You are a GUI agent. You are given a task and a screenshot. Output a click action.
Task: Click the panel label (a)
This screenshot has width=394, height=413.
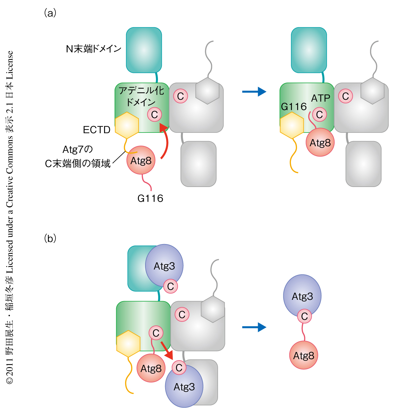(x=50, y=13)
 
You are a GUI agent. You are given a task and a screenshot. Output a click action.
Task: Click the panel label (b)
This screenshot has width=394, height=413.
(x=50, y=238)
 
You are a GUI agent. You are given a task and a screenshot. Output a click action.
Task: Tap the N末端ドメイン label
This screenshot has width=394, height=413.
(x=94, y=49)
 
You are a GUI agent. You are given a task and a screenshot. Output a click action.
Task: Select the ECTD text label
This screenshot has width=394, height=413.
(x=97, y=130)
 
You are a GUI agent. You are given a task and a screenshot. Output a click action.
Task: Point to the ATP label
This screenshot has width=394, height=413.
(x=320, y=98)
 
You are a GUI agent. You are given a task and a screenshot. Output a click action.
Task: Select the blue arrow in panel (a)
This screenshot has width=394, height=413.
(x=254, y=92)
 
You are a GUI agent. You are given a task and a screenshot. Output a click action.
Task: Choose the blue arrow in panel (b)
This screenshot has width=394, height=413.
(x=254, y=327)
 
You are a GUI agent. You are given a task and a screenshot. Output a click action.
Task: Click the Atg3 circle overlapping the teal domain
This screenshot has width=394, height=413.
(x=164, y=265)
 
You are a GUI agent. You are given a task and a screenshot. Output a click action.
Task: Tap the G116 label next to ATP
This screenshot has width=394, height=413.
(x=294, y=107)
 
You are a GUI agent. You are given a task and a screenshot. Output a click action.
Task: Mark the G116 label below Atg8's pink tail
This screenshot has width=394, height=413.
(x=150, y=198)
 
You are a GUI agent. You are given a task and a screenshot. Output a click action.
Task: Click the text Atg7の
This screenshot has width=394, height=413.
(x=78, y=150)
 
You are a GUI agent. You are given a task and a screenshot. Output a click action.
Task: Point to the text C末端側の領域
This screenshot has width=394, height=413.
(x=78, y=163)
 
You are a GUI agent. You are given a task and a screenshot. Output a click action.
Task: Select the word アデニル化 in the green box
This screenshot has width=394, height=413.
(x=141, y=91)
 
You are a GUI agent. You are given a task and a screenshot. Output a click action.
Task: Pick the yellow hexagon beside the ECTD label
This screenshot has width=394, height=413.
(x=127, y=125)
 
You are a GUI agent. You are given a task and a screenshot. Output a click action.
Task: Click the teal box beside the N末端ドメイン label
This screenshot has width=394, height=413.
(x=144, y=50)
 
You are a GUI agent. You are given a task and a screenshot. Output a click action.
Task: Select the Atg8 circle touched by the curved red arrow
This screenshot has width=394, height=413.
(x=141, y=160)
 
